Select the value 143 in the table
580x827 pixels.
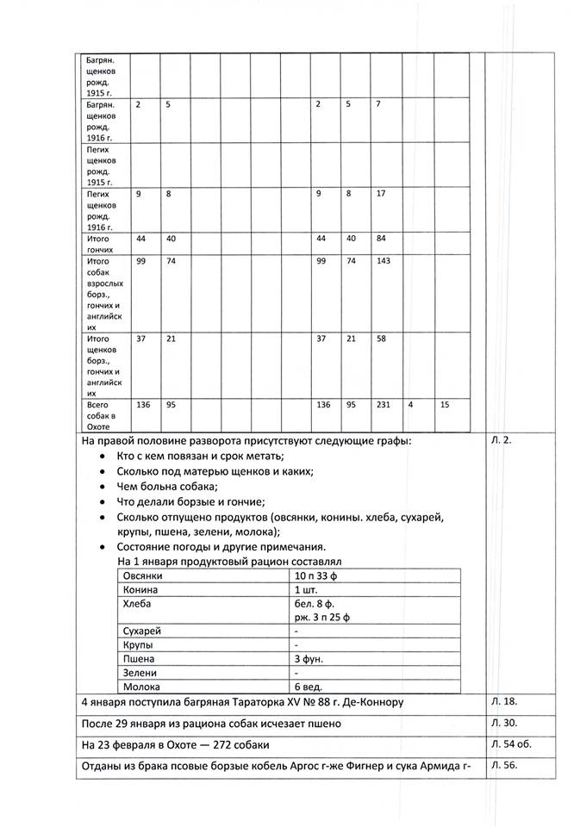coord(381,260)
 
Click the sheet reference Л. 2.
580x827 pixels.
coord(501,441)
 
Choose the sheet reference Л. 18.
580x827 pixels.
coord(503,702)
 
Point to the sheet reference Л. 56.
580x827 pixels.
coord(503,764)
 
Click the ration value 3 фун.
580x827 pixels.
coord(310,657)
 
